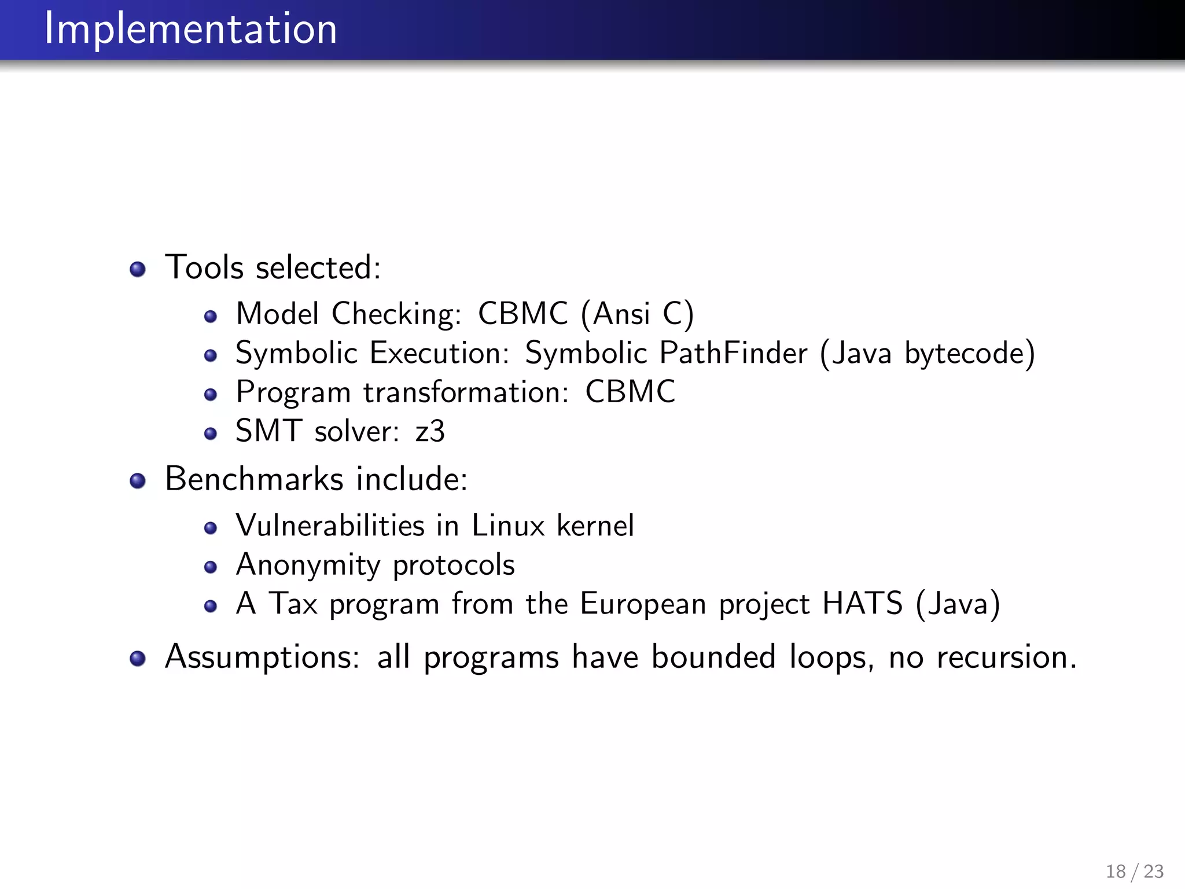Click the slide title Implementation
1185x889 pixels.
pyautogui.click(x=191, y=29)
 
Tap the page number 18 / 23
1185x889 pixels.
pyautogui.click(x=1134, y=871)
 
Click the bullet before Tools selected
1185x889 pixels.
pyautogui.click(x=138, y=269)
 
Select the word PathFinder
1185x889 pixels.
pyautogui.click(x=733, y=353)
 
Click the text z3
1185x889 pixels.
pyautogui.click(x=430, y=431)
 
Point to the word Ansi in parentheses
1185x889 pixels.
pyautogui.click(x=621, y=314)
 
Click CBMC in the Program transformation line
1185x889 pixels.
pyautogui.click(x=630, y=392)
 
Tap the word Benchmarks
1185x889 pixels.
pyautogui.click(x=255, y=479)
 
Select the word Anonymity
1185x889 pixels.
pyautogui.click(x=308, y=565)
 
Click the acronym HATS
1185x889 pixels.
pyautogui.click(x=862, y=604)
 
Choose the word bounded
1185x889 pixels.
pyautogui.click(x=713, y=657)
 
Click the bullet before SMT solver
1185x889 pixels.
pyautogui.click(x=211, y=434)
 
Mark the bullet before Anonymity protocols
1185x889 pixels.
pyautogui.click(x=211, y=567)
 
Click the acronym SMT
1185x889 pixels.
pyautogui.click(x=268, y=431)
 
